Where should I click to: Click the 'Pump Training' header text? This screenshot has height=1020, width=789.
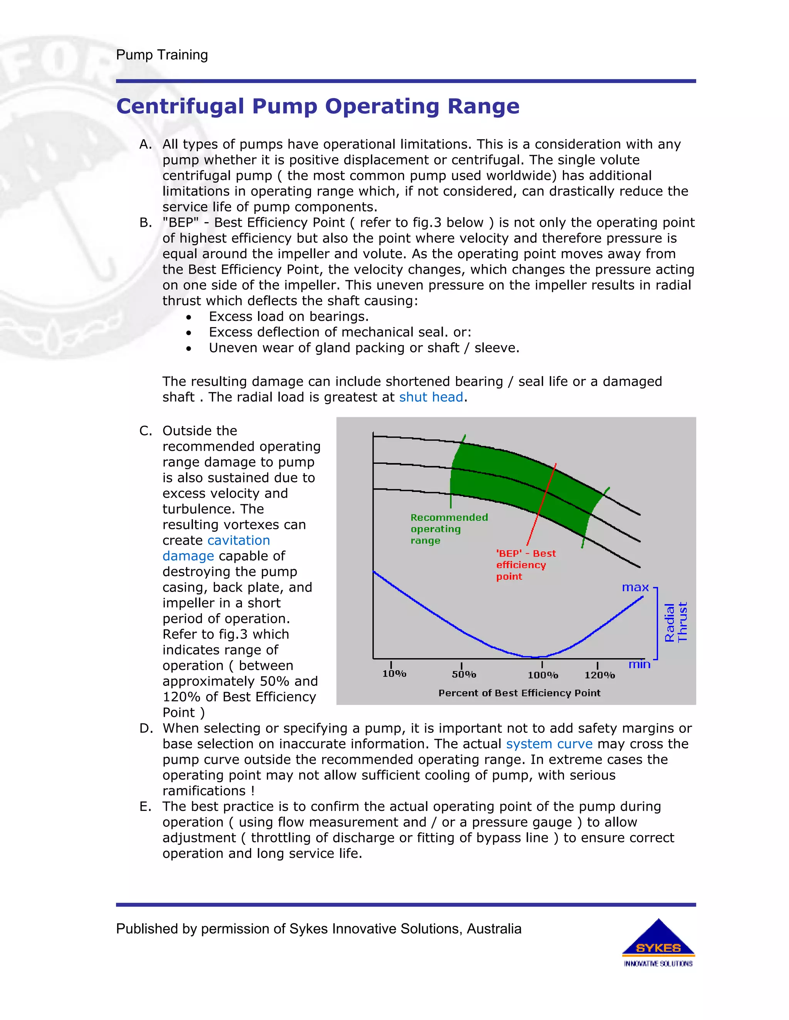coord(162,55)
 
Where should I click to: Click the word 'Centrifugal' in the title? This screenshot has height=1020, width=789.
coord(180,107)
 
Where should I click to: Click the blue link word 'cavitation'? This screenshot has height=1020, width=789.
coord(238,540)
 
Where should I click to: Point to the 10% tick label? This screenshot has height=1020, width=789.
coord(394,674)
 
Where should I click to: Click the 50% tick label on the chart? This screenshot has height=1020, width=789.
coord(464,674)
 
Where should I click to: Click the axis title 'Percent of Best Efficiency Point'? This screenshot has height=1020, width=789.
coord(519,693)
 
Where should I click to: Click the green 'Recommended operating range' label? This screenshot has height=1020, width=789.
coord(448,529)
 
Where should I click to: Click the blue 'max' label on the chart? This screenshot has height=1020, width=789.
coord(635,587)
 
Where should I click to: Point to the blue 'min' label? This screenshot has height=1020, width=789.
coord(639,665)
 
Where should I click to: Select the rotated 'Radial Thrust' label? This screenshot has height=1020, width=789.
coord(675,622)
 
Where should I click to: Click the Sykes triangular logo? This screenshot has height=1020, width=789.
coord(658,939)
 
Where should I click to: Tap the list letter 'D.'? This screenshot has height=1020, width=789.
coord(146,728)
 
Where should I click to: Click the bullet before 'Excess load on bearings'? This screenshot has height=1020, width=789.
coord(188,318)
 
